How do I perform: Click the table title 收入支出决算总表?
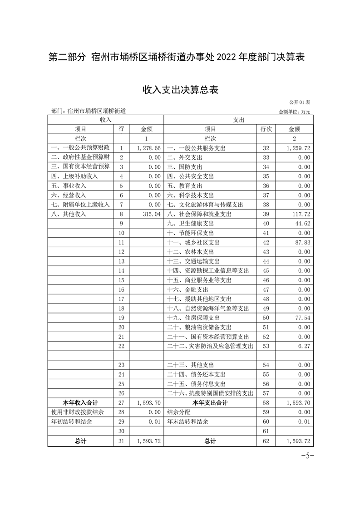[181, 90]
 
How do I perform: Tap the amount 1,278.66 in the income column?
[149, 148]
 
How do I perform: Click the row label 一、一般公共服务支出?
[196, 148]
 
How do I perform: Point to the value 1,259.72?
[298, 148]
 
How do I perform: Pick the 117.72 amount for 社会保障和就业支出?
[302, 214]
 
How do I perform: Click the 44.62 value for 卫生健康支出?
[303, 223]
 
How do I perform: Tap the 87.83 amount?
[303, 242]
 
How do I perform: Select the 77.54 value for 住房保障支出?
[303, 318]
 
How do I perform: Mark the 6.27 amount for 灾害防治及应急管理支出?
[305, 346]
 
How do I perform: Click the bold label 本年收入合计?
[80, 402]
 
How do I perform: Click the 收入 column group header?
[105, 119]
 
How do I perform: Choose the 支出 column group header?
[238, 119]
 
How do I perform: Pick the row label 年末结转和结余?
[187, 421]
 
